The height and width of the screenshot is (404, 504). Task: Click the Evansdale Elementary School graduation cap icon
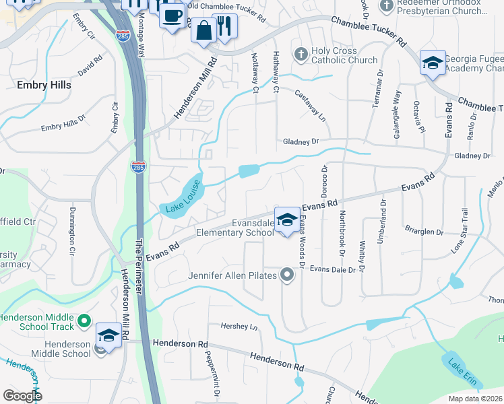click(287, 220)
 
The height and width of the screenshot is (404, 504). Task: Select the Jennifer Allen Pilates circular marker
click(288, 275)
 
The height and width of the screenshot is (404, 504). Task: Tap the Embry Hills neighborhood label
click(44, 86)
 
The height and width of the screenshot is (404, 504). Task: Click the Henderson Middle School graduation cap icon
click(108, 334)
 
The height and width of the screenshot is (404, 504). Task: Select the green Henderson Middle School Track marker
click(84, 323)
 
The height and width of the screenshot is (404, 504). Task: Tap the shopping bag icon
click(203, 29)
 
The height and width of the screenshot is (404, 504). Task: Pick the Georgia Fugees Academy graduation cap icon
click(432, 63)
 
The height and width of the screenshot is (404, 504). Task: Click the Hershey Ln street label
click(240, 327)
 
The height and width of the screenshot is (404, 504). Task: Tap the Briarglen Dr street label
click(424, 232)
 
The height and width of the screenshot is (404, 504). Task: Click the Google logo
click(22, 395)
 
